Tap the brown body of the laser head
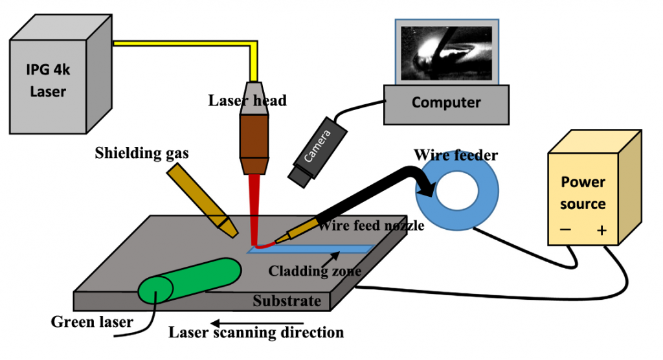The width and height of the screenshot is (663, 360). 254,136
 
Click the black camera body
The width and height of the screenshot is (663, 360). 317,152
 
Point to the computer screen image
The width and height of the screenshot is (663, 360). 447,53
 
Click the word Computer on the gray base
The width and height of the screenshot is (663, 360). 446,102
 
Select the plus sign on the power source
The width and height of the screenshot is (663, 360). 601,230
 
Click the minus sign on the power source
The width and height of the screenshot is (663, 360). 565,230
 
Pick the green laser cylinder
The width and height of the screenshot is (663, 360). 190,280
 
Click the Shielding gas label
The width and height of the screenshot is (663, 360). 142,153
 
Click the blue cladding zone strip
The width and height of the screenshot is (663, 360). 311,249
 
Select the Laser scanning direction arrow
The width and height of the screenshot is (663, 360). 257,324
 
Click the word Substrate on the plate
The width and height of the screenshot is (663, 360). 287,301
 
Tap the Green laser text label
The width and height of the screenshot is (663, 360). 92,322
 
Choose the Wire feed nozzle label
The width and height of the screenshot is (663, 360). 371,225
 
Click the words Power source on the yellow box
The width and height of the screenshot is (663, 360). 583,193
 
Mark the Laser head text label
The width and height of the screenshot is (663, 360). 247,100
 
